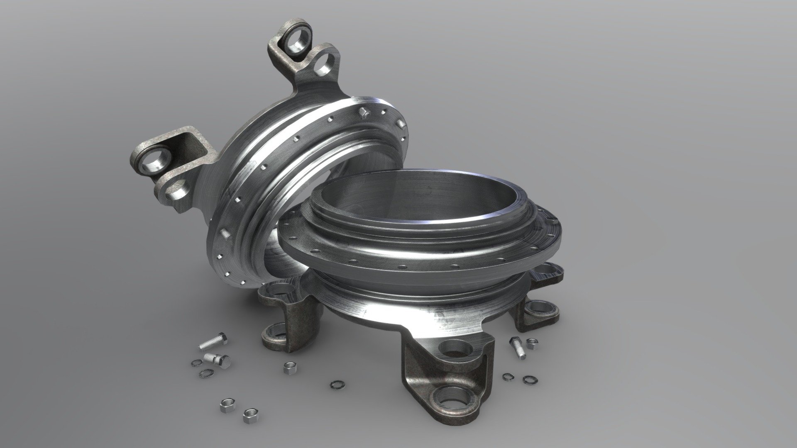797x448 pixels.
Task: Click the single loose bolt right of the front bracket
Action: [517, 348]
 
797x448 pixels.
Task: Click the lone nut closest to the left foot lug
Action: [288, 367]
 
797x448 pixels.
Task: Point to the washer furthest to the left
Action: [196, 363]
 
